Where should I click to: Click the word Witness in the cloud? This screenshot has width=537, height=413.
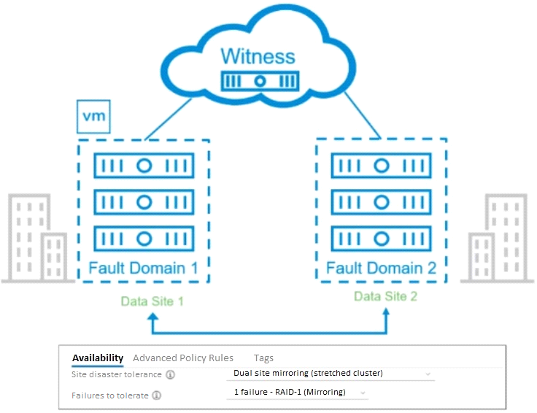[x=258, y=56]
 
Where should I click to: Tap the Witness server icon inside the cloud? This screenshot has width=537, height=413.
[x=260, y=81]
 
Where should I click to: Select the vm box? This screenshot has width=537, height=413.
[x=93, y=117]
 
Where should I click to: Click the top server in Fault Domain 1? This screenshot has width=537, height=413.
[x=144, y=166]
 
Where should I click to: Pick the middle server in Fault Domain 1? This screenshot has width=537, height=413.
[x=144, y=202]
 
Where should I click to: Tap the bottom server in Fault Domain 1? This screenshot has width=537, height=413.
[x=144, y=239]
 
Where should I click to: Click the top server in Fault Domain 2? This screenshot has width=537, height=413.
[x=381, y=166]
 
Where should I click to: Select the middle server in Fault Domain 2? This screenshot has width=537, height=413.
[x=381, y=202]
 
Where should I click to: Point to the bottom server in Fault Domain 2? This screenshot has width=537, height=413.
[x=381, y=239]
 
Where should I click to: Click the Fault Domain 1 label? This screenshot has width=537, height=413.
[x=143, y=268]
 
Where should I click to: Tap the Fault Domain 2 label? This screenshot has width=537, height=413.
[x=381, y=268]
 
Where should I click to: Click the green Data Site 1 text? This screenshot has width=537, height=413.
[x=152, y=301]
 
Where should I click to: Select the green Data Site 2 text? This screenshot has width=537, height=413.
[x=386, y=296]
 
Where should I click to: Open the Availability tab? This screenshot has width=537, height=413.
[x=98, y=358]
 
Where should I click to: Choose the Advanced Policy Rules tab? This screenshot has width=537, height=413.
[x=183, y=358]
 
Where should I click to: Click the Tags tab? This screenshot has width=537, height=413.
[x=263, y=358]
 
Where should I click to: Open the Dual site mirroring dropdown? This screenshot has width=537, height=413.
[x=331, y=374]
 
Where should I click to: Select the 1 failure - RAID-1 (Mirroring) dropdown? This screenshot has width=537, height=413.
[x=297, y=393]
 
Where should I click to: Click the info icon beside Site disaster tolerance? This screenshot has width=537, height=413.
[x=170, y=374]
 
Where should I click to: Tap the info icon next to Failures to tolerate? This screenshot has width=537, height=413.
[x=157, y=395]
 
